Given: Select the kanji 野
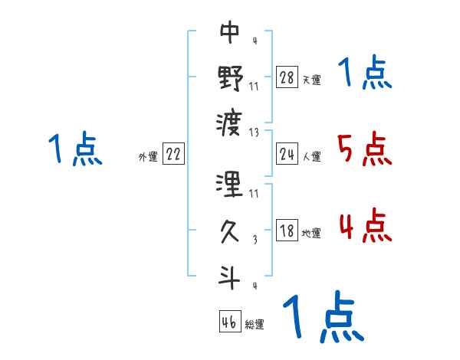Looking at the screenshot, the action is [230, 77].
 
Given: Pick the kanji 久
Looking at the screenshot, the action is [230, 231].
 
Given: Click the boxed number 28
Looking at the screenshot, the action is [287, 77].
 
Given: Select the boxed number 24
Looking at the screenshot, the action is [287, 154].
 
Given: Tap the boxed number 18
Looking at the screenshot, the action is [287, 231].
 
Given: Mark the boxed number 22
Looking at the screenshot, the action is [173, 154].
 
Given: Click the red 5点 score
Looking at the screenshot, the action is [364, 149].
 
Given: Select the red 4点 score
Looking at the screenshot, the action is [364, 226].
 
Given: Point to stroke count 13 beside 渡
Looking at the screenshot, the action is [255, 131].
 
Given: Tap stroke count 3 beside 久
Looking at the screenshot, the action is [255, 239].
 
